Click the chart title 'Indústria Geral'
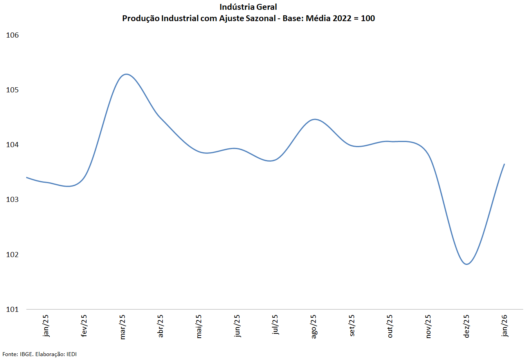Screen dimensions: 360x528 [x=248, y=7]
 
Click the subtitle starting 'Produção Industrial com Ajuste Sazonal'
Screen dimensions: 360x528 [x=248, y=18]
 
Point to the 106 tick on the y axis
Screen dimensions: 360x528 [x=13, y=35]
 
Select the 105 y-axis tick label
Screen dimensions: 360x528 [x=13, y=90]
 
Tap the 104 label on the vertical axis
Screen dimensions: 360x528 [x=13, y=145]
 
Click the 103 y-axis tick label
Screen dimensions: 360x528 [x=13, y=200]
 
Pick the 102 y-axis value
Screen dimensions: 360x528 [x=13, y=255]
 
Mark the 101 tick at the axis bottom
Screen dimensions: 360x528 [x=13, y=310]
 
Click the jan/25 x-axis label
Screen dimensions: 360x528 [x=46, y=326]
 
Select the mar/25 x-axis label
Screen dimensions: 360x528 [x=123, y=327]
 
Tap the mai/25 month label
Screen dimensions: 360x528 [x=199, y=326]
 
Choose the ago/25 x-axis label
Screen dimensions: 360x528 [x=314, y=326]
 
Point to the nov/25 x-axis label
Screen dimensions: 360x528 [x=428, y=326]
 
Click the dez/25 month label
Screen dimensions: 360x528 [x=466, y=326]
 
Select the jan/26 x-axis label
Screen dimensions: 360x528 [x=505, y=326]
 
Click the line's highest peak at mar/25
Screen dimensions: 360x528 [x=126, y=74]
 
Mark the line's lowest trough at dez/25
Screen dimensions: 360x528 [x=467, y=265]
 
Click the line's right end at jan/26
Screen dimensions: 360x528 [x=504, y=164]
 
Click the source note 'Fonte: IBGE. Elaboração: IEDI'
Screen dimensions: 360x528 [x=40, y=354]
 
